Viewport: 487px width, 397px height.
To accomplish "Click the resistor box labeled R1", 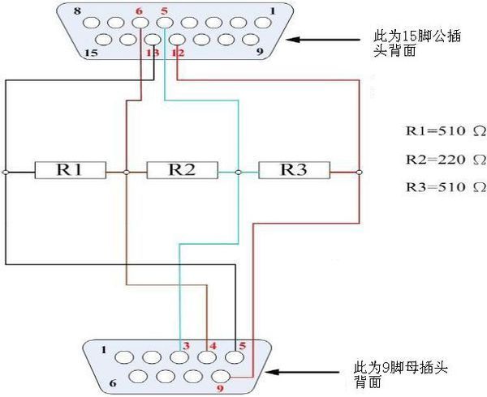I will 71,171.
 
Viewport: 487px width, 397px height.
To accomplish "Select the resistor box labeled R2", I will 182,171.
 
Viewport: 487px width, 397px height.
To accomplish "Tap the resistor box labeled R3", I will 294,171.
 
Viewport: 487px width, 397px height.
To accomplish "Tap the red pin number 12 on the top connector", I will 179,53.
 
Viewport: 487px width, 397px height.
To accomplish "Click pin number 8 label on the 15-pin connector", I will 77,11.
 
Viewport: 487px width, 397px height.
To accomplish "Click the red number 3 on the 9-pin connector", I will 186,346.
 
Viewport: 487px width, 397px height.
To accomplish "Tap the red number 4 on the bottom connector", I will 213,346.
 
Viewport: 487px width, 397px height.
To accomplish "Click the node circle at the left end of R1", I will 5,172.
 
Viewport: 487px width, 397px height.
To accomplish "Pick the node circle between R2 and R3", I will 238,172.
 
